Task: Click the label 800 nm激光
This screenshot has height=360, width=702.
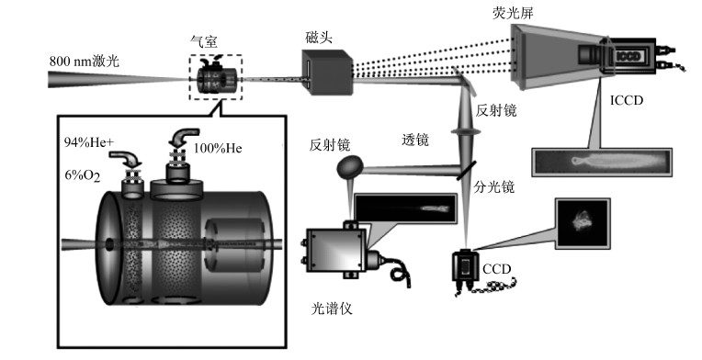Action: pyautogui.click(x=85, y=61)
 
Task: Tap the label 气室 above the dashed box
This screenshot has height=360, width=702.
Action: pyautogui.click(x=204, y=41)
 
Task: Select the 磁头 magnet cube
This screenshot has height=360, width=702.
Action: pyautogui.click(x=327, y=72)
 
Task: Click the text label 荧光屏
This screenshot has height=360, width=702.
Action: pyautogui.click(x=513, y=13)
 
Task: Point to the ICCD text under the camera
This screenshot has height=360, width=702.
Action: pyautogui.click(x=627, y=101)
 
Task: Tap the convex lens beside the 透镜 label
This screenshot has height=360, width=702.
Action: pyautogui.click(x=466, y=131)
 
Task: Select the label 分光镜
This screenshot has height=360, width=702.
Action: pyautogui.click(x=494, y=186)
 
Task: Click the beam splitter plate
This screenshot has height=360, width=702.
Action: pyautogui.click(x=466, y=171)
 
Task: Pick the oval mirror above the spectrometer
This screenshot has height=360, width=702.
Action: pyautogui.click(x=350, y=166)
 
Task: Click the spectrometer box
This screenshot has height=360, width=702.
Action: pyautogui.click(x=335, y=250)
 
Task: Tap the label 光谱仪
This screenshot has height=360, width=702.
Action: pyautogui.click(x=332, y=309)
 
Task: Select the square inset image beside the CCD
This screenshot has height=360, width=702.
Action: pyautogui.click(x=583, y=223)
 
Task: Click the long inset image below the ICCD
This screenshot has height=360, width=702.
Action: pyautogui.click(x=602, y=162)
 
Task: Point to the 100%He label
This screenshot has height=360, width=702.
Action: pyautogui.click(x=218, y=148)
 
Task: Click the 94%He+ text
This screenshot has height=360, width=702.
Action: pyautogui.click(x=88, y=142)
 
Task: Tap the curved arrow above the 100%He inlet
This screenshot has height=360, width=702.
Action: pyautogui.click(x=184, y=138)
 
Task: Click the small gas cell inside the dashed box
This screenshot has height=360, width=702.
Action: pyautogui.click(x=216, y=77)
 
